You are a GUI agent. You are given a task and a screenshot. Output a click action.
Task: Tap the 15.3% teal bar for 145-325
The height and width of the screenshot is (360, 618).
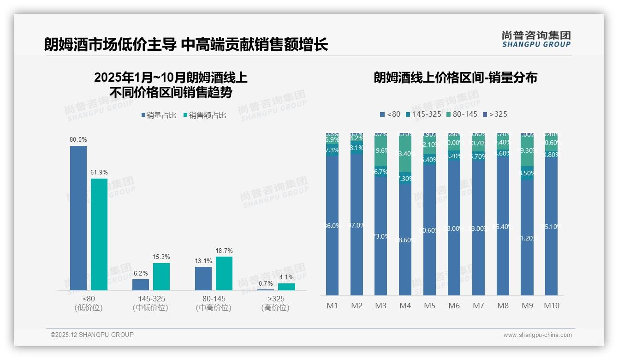point(161,276)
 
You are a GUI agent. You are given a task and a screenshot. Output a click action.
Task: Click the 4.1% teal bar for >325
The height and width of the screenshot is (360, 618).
point(286,287)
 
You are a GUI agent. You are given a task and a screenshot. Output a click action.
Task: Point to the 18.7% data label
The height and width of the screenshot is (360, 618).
point(224,251)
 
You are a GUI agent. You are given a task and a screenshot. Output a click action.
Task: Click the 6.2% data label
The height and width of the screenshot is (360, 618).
point(141,274)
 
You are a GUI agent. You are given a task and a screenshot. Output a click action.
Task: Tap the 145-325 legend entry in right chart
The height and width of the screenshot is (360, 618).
point(423,114)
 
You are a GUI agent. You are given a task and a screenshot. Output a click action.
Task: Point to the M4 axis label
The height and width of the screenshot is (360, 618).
point(405,306)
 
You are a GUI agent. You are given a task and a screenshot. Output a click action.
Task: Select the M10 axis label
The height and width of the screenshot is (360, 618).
point(551,306)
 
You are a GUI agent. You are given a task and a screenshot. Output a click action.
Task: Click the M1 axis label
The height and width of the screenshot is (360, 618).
point(332,306)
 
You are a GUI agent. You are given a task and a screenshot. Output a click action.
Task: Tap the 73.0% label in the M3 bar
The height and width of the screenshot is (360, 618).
point(380,236)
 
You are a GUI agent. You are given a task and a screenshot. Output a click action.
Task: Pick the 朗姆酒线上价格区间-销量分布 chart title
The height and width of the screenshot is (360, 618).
point(455,78)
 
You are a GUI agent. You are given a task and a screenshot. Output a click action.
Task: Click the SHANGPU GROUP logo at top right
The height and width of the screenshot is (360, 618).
point(536,39)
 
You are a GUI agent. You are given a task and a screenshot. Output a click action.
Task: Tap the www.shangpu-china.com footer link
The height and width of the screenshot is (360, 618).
point(537,335)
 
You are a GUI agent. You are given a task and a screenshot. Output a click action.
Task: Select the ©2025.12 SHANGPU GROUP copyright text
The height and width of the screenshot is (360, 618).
point(92,335)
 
